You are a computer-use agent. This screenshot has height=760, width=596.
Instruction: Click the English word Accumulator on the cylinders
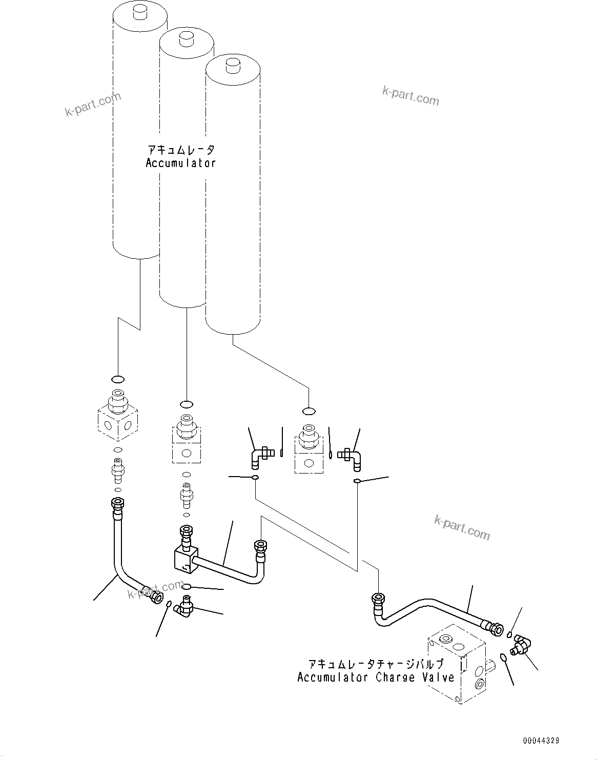click(180, 163)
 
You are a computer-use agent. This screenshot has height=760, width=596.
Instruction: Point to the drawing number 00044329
click(541, 741)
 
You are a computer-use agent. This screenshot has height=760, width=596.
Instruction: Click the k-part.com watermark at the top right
click(410, 95)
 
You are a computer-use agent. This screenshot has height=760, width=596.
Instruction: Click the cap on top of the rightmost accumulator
click(233, 66)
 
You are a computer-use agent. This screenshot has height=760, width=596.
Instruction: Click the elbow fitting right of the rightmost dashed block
click(354, 457)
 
